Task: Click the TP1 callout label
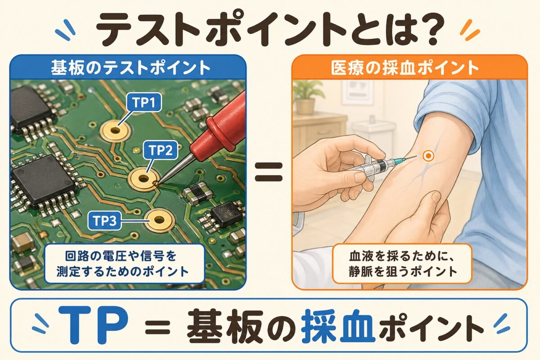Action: pyautogui.click(x=144, y=102)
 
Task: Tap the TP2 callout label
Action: pyautogui.click(x=161, y=150)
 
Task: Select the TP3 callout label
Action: pyautogui.click(x=104, y=220)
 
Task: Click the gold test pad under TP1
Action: pyautogui.click(x=115, y=131)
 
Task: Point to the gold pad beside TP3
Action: pyautogui.click(x=159, y=220)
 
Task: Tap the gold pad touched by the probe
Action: pyautogui.click(x=144, y=179)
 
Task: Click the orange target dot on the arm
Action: pyautogui.click(x=428, y=156)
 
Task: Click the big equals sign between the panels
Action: pyautogui.click(x=269, y=172)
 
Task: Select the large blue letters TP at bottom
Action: pyautogui.click(x=93, y=325)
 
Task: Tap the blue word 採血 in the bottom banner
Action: pyautogui.click(x=338, y=326)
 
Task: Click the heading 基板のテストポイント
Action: pyautogui.click(x=130, y=68)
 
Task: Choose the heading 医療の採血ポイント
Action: pyautogui.click(x=405, y=68)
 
